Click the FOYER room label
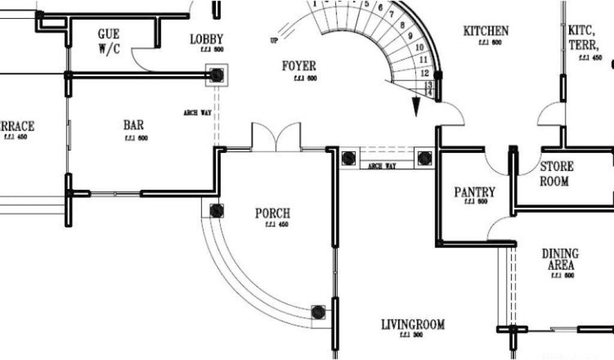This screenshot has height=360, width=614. click(x=299, y=66)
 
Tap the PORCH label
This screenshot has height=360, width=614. click(x=273, y=214)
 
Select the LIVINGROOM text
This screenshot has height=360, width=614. click(x=413, y=325)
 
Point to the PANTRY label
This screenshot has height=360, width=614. click(x=474, y=193)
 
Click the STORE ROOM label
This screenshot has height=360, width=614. click(x=556, y=173)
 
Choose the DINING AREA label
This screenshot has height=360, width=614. click(x=560, y=259)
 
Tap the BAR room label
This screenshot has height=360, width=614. click(x=134, y=125)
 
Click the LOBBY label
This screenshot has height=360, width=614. click(x=206, y=40)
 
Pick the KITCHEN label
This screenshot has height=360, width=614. click(x=486, y=31)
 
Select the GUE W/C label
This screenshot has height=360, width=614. click(x=109, y=41)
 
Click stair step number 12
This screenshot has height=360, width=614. click(x=425, y=73)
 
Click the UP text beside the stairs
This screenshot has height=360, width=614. click(x=274, y=40)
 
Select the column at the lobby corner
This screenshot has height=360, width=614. click(x=216, y=75)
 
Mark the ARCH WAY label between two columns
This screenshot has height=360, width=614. click(x=381, y=166)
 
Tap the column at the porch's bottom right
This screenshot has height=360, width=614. click(x=318, y=312)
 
